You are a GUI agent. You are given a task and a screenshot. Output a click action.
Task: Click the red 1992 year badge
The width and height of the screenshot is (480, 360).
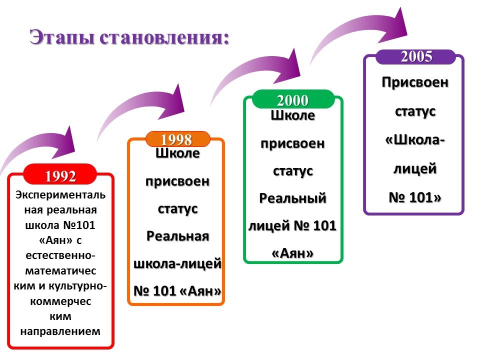pyautogui.click(x=60, y=175)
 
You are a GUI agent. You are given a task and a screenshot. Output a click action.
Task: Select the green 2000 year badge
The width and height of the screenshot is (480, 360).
pyautogui.click(x=293, y=100)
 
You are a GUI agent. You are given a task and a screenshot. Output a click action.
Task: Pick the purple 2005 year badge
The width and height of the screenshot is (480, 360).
pyautogui.click(x=416, y=57)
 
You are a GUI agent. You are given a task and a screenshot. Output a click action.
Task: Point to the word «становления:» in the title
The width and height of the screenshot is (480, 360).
pyautogui.click(x=165, y=38)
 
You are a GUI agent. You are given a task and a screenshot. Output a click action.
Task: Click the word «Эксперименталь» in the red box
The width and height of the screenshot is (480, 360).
pyautogui.click(x=60, y=193)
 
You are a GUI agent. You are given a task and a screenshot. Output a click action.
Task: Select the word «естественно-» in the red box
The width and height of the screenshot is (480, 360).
pyautogui.click(x=60, y=255)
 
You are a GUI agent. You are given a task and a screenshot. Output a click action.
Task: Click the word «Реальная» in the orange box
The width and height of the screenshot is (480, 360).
pyautogui.click(x=177, y=235)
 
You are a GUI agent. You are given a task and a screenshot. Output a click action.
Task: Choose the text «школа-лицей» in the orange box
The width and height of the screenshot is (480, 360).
pyautogui.click(x=177, y=263)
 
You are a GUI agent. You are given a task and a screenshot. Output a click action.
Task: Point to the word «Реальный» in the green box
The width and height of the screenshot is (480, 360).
pyautogui.click(x=293, y=198)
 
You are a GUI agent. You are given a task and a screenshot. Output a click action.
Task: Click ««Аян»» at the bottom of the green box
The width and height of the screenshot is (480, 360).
pyautogui.click(x=293, y=253)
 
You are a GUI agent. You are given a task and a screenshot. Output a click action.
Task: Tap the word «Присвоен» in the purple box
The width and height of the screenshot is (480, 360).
pyautogui.click(x=415, y=81)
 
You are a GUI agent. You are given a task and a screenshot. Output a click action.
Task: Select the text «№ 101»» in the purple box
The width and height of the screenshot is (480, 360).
pyautogui.click(x=415, y=197)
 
